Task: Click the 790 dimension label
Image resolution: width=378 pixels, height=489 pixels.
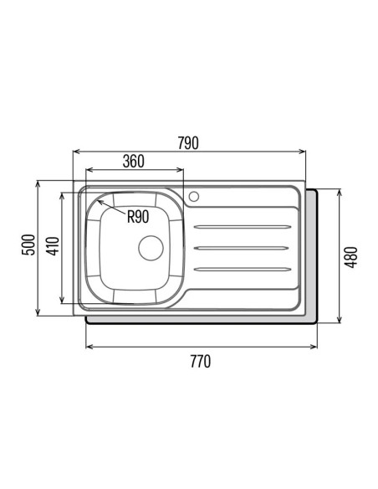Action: coord(188,143)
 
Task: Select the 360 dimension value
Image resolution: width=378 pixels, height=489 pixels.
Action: coord(134,162)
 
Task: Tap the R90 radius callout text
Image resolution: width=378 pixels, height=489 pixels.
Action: coord(138,216)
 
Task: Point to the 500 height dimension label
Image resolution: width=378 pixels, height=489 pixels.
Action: coord(28,244)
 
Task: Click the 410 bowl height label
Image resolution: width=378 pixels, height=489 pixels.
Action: coord(53,246)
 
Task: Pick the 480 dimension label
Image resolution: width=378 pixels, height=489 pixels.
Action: coord(351,257)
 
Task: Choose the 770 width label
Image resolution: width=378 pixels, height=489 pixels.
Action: coord(201,362)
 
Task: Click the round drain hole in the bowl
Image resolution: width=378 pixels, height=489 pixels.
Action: coord(151,248)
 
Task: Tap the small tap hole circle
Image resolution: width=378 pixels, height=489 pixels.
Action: coord(194,197)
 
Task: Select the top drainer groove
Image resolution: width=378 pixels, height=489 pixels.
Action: coord(243,226)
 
